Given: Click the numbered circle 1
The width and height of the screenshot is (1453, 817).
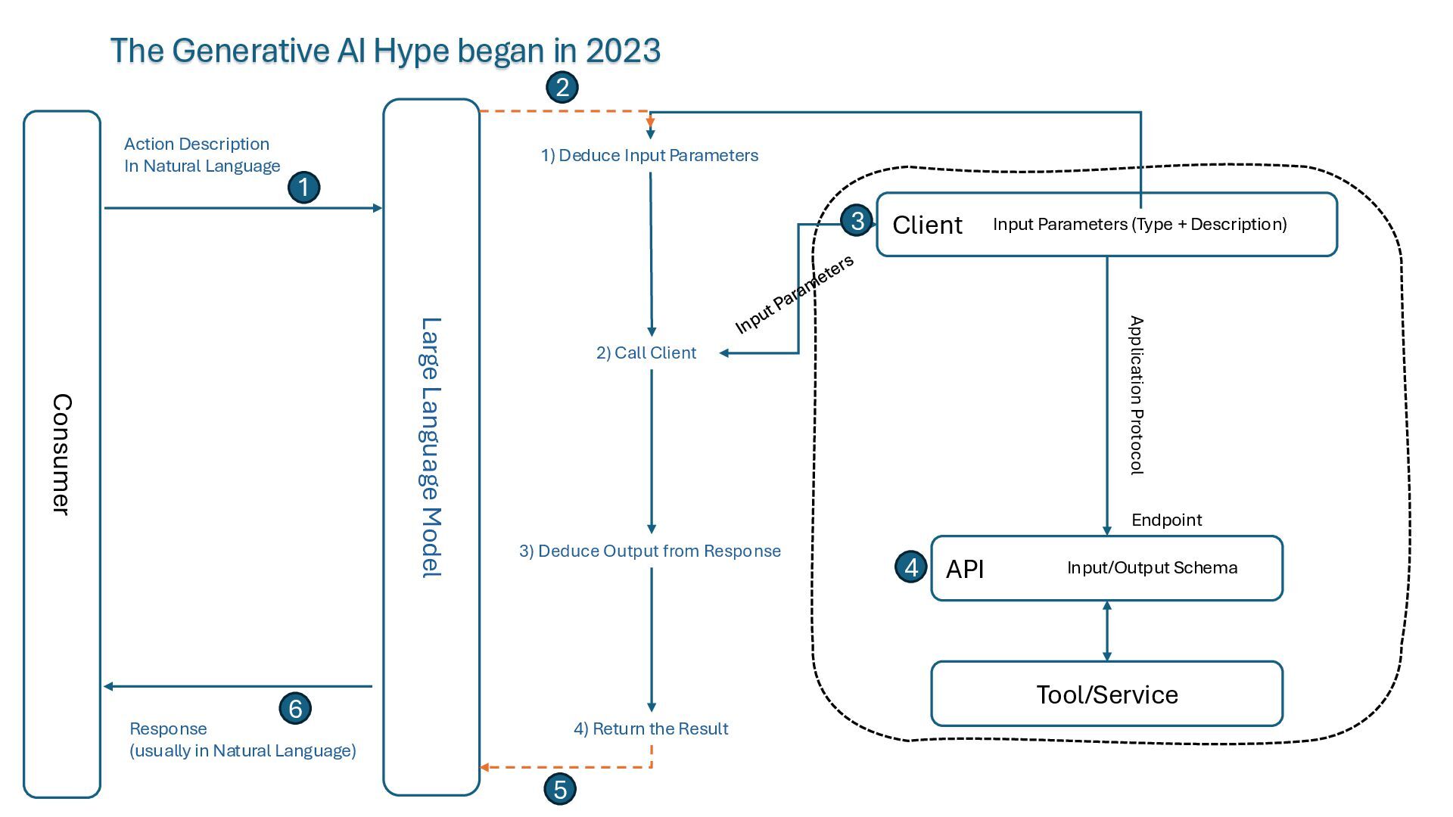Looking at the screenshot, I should [x=304, y=187].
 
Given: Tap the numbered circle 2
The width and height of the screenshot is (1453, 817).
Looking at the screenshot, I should [x=562, y=87].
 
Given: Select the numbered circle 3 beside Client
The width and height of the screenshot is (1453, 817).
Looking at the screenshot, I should [x=857, y=220].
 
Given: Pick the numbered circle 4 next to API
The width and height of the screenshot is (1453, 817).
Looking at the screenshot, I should [x=911, y=567].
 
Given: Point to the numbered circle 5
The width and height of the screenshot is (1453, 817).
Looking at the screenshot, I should [x=560, y=789].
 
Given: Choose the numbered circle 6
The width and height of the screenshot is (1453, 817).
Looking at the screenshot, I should [x=295, y=709].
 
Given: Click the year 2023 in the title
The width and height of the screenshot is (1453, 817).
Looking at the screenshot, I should [x=623, y=51].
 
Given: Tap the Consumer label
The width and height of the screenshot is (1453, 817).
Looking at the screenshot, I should [x=62, y=454].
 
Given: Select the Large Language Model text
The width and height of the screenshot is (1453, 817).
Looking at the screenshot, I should [x=431, y=448].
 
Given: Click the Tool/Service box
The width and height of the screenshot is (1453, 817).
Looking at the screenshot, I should [x=1106, y=694].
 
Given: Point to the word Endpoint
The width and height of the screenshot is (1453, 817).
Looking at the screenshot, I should [x=1166, y=520].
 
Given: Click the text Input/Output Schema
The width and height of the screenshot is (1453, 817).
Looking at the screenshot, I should [x=1152, y=567].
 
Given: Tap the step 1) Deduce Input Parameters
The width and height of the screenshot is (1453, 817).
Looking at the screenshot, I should [x=649, y=155].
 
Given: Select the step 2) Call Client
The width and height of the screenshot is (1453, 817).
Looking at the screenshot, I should [x=646, y=353].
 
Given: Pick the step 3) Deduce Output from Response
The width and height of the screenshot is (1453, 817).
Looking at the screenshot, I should [x=649, y=551].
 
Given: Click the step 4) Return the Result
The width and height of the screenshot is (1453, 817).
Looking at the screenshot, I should [x=651, y=728].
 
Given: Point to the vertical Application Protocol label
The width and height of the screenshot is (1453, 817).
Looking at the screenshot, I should [x=1136, y=395].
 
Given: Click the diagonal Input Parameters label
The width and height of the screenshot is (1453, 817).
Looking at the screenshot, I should [x=794, y=294].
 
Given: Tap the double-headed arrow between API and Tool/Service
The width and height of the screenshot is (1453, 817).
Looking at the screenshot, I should [x=1107, y=631].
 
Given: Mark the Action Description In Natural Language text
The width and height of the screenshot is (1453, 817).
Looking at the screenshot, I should [x=201, y=155].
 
